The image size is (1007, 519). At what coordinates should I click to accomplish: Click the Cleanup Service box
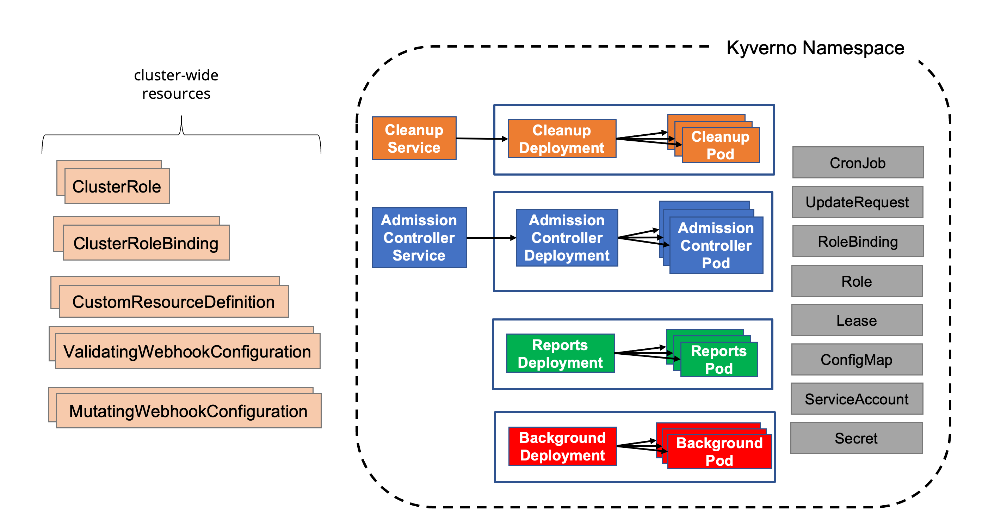click(x=414, y=139)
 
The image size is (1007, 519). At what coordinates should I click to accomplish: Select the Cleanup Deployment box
click(x=562, y=139)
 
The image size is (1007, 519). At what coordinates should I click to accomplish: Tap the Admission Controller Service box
click(x=419, y=237)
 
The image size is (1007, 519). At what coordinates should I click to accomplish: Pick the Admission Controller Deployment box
click(x=567, y=237)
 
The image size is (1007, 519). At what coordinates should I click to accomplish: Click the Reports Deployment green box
click(x=560, y=353)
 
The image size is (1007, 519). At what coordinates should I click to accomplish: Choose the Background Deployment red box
click(x=563, y=446)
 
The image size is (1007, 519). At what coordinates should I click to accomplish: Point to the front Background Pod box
click(x=719, y=451)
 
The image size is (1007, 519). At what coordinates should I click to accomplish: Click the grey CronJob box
click(x=858, y=163)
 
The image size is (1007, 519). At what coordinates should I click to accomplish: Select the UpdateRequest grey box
click(x=857, y=202)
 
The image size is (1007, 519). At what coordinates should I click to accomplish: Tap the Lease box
click(x=857, y=320)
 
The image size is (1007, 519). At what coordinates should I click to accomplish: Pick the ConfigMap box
click(x=857, y=359)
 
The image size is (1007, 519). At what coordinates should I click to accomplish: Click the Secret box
click(x=856, y=438)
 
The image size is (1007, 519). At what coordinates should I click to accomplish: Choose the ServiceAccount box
click(x=857, y=399)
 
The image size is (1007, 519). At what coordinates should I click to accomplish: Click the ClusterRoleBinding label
click(x=146, y=243)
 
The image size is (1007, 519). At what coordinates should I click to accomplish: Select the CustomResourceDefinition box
click(x=174, y=301)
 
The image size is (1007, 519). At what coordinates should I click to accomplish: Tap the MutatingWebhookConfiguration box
click(x=189, y=411)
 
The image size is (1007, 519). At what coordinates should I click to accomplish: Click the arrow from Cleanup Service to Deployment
click(x=482, y=139)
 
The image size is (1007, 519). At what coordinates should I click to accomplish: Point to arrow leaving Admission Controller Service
click(x=491, y=237)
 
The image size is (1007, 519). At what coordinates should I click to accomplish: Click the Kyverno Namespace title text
click(x=815, y=48)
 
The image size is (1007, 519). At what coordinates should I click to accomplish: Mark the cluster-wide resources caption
click(x=176, y=84)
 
